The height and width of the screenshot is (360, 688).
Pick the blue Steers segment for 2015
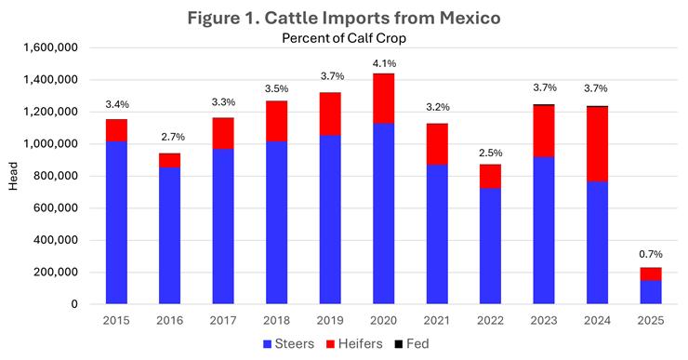click(116, 222)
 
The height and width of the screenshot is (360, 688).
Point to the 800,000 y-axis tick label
click(58, 176)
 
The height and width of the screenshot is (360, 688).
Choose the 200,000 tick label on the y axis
click(58, 272)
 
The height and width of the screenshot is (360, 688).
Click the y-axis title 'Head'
click(13, 176)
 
